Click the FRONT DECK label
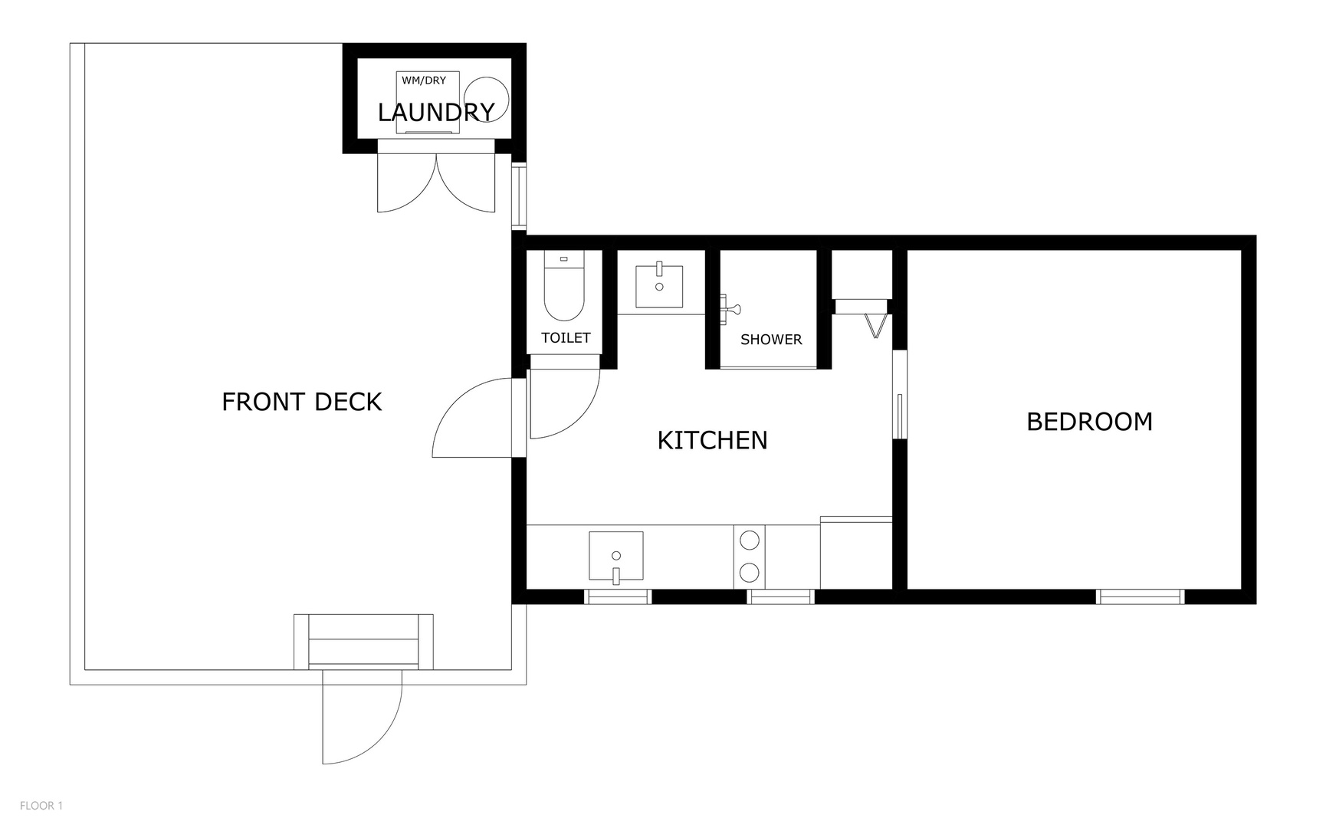click(x=301, y=402)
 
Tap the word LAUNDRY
click(x=435, y=113)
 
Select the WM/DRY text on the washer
click(x=424, y=80)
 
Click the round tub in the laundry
click(x=487, y=98)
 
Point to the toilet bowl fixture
click(x=564, y=291)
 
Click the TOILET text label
click(x=566, y=338)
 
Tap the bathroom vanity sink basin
click(x=659, y=286)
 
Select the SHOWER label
click(x=771, y=340)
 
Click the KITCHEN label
click(x=712, y=440)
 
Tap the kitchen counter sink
click(x=615, y=556)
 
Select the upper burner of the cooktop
click(x=750, y=540)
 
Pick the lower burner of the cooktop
click(x=750, y=572)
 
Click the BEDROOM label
click(x=1089, y=422)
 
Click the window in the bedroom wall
click(x=1141, y=596)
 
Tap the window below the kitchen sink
click(x=618, y=596)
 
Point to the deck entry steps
click(x=363, y=642)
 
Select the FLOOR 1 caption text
click(x=41, y=806)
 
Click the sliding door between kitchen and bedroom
click(x=900, y=395)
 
